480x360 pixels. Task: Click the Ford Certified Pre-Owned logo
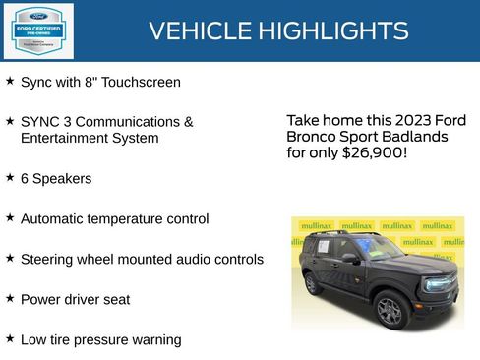click(x=37, y=30)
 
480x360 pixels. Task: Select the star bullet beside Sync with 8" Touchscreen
click(x=10, y=81)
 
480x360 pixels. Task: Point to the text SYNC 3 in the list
click(x=45, y=122)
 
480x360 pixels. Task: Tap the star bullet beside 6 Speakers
click(x=10, y=178)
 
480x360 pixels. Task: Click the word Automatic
click(x=56, y=218)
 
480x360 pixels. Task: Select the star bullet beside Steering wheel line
click(x=10, y=258)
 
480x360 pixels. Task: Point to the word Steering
click(x=48, y=260)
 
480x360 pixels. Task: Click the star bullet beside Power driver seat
click(x=10, y=298)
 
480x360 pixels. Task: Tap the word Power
click(x=40, y=299)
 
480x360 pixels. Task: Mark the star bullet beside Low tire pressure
click(x=10, y=338)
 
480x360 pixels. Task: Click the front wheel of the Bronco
click(x=390, y=310)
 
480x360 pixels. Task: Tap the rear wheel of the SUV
click(x=313, y=284)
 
